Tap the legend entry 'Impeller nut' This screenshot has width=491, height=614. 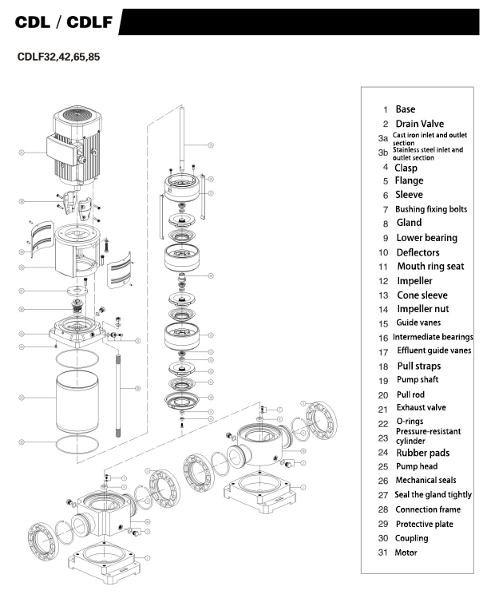pos(426,309)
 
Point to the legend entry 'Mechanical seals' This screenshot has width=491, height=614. pos(426,481)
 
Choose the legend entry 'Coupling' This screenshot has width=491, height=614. pos(412,538)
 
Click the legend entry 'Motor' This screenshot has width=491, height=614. pos(406,553)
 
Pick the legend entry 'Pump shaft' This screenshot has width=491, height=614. pos(418,380)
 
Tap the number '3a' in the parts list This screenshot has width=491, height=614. pos(383,139)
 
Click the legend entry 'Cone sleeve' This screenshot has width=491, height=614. pos(422,295)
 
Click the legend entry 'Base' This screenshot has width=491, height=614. pos(406,109)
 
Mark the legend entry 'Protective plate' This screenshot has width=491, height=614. pos(425,524)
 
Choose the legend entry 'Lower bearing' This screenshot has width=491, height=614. pos(427,238)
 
